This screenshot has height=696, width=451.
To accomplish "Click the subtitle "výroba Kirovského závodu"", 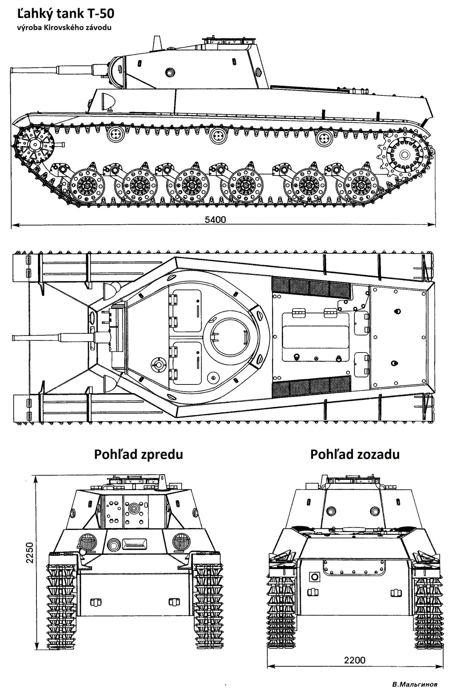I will click(x=64, y=27).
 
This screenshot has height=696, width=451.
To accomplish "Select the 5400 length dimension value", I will click(x=215, y=220).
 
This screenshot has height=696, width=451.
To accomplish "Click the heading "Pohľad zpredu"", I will click(x=138, y=454).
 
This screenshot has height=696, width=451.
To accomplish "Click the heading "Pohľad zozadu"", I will click(x=354, y=454).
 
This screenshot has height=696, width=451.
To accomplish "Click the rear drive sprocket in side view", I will click(x=405, y=154).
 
